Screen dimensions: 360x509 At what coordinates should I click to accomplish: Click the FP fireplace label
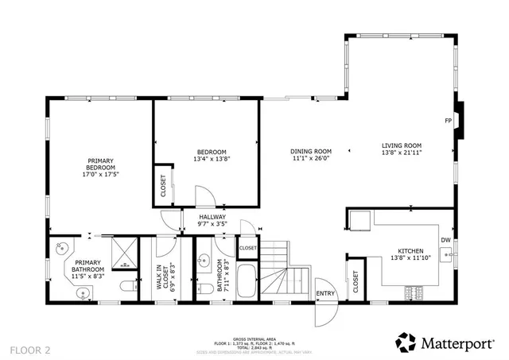point(448,121)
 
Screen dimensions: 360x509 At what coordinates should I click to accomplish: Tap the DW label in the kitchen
point(445,239)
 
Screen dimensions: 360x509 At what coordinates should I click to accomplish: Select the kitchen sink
point(448,255)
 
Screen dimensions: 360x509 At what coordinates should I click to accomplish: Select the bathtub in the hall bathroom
point(247,284)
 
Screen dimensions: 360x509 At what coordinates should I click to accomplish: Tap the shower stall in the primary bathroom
point(123,254)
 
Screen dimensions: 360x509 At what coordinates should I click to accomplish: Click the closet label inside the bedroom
point(163,189)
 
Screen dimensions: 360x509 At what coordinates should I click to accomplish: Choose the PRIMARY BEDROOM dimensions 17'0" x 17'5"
point(102,175)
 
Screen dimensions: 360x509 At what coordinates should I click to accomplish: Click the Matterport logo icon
point(406,343)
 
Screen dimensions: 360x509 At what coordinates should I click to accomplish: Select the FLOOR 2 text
point(29,349)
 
